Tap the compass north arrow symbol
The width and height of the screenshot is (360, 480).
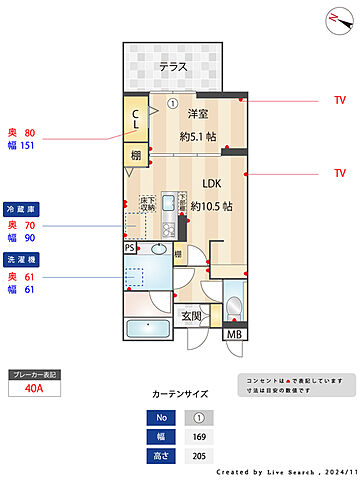click(332, 18)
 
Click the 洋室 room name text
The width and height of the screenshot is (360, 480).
click(199, 115)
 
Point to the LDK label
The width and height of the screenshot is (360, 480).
click(213, 184)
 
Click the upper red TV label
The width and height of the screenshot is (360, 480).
click(340, 101)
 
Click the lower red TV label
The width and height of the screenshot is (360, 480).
click(340, 173)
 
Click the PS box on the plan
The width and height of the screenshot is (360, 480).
click(130, 247)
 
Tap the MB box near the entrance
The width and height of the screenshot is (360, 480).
click(233, 334)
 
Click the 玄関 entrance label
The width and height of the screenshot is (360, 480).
click(191, 316)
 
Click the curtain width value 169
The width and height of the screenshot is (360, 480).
click(199, 437)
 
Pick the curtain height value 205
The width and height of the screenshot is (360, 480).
click(199, 456)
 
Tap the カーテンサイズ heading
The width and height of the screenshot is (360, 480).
click(180, 394)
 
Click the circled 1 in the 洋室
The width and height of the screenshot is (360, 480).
click(172, 102)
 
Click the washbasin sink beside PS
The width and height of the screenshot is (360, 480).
click(160, 249)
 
